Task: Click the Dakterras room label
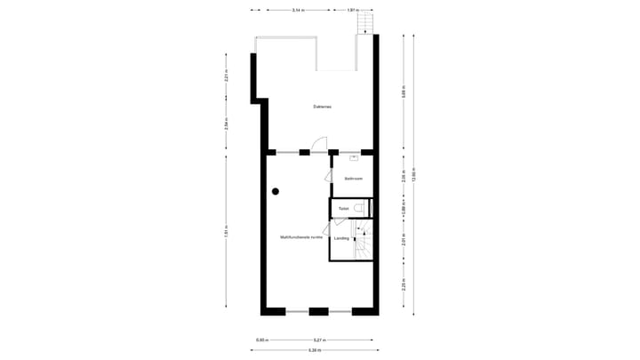pos(322,107)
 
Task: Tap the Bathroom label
pos(354,179)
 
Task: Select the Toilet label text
pos(343,209)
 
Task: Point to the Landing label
pos(340,238)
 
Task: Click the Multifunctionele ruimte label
pos(300,237)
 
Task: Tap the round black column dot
pos(276,191)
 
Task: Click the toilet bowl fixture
pos(358,209)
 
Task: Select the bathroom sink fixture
pos(354,159)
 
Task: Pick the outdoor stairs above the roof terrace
pos(363,24)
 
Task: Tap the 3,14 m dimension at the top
pos(297,10)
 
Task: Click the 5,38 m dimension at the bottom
pos(316,349)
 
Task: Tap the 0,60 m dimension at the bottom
pos(261,339)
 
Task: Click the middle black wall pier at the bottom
pos(318,311)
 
